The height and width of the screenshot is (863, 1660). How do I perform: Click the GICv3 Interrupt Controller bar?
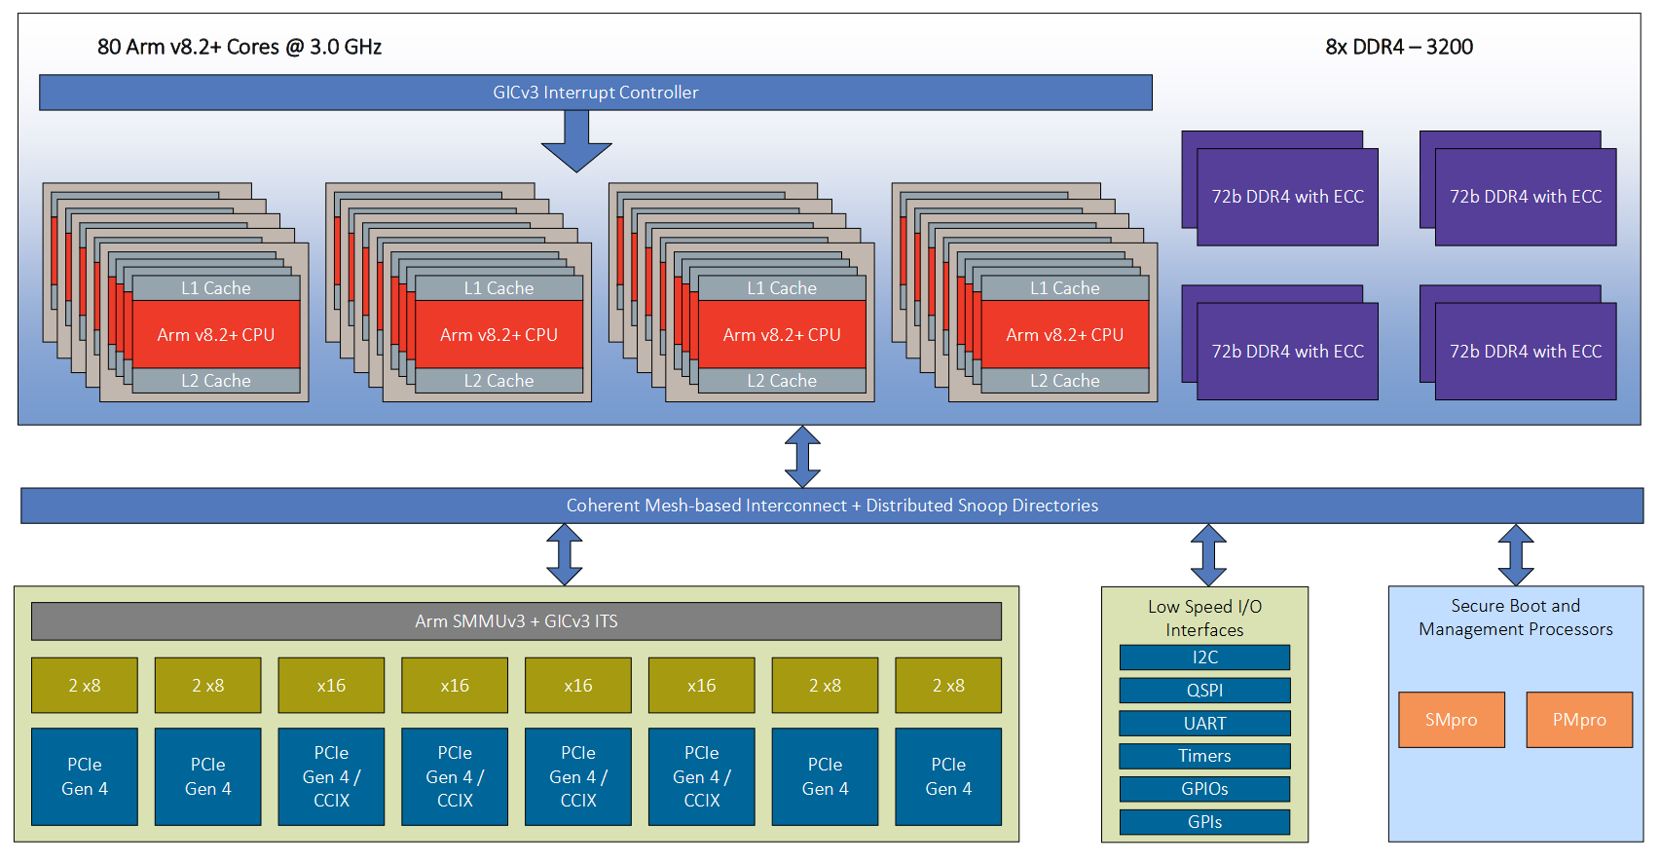595,93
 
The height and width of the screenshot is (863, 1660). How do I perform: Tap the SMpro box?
1451,720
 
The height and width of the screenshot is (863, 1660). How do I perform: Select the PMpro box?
1578,720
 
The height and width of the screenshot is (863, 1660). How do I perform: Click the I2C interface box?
1204,657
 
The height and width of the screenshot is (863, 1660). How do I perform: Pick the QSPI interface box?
1204,691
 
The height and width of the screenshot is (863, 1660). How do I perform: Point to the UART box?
1204,724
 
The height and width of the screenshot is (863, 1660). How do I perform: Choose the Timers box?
1204,756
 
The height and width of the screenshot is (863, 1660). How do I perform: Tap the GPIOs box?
1204,789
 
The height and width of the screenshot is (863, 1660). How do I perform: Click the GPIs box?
1204,822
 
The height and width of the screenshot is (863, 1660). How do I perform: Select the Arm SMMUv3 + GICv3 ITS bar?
516,621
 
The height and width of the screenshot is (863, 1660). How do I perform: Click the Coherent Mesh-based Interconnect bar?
831,506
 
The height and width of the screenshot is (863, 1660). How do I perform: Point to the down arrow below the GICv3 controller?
576,141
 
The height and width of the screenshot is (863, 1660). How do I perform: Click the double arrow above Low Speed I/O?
1208,555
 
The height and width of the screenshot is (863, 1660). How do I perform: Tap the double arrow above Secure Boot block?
1516,555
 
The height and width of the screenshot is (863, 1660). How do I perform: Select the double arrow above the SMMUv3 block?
565,555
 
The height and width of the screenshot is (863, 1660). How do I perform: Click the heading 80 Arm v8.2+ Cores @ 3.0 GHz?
240,47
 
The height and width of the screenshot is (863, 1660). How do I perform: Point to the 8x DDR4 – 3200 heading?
1399,47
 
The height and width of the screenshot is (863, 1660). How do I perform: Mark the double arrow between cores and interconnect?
802,457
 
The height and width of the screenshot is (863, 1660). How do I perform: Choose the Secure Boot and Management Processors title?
1515,618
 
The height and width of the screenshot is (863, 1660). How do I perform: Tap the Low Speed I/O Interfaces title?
1204,619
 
